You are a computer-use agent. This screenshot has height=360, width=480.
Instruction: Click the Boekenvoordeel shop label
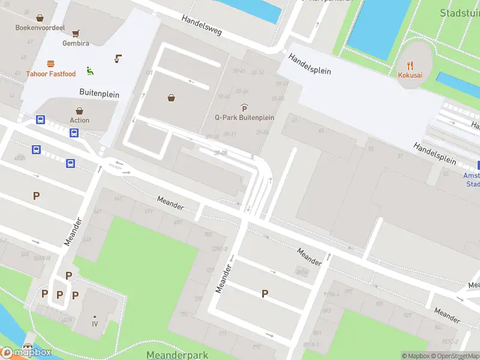[40, 28]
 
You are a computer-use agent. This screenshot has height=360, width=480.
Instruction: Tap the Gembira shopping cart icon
[76, 34]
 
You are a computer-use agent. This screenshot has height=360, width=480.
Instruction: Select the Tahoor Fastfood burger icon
[50, 64]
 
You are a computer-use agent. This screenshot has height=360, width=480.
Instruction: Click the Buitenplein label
[100, 94]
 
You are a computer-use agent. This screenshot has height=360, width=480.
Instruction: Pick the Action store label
[79, 120]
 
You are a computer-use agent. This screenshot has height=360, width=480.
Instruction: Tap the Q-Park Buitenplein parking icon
[244, 107]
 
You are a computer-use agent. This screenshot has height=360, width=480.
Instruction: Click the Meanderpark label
[177, 355]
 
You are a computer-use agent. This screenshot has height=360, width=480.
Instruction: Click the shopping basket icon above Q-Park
[172, 98]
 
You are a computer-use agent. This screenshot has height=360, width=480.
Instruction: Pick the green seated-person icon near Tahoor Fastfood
[90, 71]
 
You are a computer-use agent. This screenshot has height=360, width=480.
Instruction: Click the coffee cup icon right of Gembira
[118, 59]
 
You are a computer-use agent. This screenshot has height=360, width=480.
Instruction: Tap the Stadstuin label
[459, 13]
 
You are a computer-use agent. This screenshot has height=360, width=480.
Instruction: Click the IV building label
[95, 324]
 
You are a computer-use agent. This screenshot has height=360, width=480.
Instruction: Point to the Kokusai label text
[410, 75]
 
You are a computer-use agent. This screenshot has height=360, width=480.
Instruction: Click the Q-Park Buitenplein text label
[244, 118]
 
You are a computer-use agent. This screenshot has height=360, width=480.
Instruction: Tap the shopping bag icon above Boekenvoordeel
[40, 18]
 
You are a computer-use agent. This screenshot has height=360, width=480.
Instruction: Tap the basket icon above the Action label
[79, 110]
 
